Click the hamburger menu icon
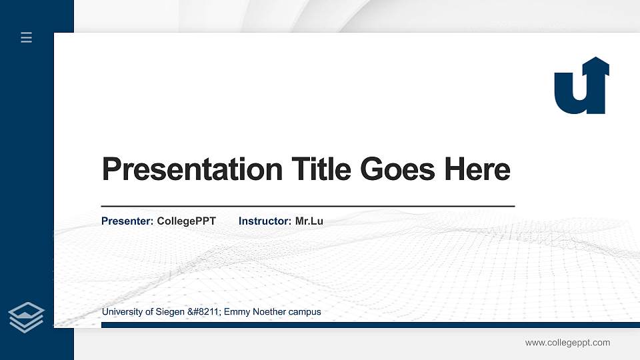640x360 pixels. pos(26,37)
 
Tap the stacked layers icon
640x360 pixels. pos(26,317)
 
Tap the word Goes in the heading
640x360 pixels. pos(398,169)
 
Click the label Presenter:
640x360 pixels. pos(127,221)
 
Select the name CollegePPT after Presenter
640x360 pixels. pos(186,221)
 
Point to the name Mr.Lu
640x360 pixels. pos(309,221)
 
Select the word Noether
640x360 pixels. pos(271,312)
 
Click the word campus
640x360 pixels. pos(305,312)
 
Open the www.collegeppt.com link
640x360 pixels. pos(567,343)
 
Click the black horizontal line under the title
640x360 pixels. pos(307,207)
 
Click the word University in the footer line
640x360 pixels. pos(121,312)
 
